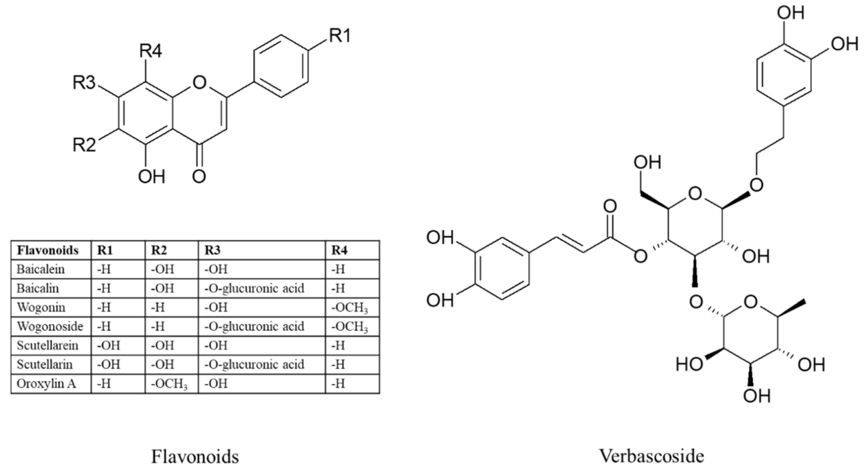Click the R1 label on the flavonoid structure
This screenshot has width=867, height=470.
pos(340,36)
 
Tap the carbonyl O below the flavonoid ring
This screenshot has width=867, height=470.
pos(199,176)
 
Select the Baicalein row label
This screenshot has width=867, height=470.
pos(40,269)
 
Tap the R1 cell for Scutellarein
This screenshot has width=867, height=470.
pos(108,346)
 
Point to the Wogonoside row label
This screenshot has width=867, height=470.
pos(50,327)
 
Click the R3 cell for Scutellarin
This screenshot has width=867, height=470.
pos(254,365)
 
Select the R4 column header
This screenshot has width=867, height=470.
pos(339,250)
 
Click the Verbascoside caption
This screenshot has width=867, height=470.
pos(651,456)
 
